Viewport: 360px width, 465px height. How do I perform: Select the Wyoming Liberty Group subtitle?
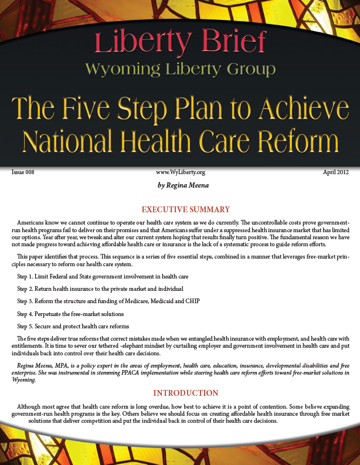[x=180, y=70]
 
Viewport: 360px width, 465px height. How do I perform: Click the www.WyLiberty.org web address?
[x=180, y=172]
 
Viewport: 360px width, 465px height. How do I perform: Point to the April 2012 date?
[x=337, y=172]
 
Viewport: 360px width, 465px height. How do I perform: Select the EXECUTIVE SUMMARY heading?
[x=180, y=209]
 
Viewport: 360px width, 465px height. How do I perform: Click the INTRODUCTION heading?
[x=180, y=393]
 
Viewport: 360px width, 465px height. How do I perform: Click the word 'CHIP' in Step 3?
[x=192, y=301]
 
